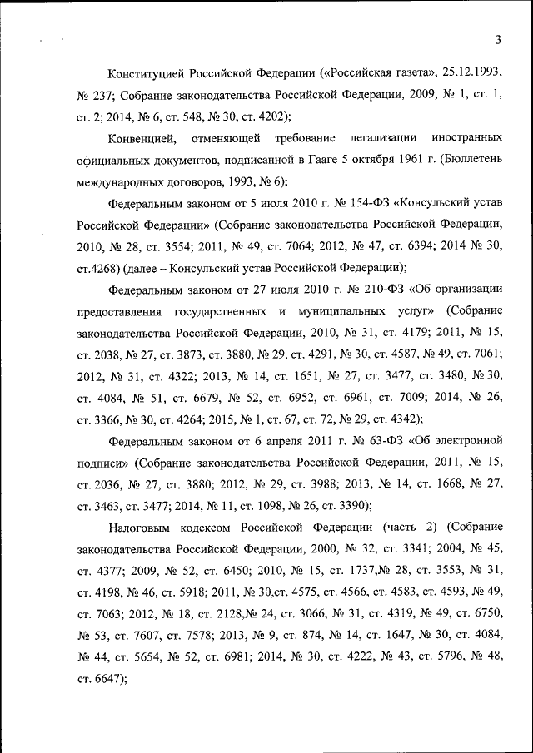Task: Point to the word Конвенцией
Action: [141, 136]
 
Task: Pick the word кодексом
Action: [207, 527]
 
